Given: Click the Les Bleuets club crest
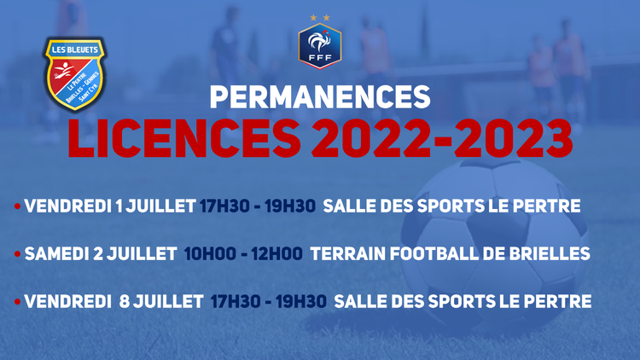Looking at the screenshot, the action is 75,73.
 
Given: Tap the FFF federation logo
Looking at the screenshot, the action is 320,46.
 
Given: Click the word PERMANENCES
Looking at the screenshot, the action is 320,97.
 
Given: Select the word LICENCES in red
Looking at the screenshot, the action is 184,139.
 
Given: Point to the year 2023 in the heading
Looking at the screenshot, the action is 514,139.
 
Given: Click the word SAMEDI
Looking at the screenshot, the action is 56,254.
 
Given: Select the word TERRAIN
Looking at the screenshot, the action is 348,254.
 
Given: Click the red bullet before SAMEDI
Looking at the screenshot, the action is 17,254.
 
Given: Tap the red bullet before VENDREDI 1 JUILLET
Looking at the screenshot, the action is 17,206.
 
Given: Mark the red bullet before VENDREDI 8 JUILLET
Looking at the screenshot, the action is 17,302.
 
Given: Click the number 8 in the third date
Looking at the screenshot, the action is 125,302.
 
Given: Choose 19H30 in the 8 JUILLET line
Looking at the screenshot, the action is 301,302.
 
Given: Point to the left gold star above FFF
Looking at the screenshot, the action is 313,18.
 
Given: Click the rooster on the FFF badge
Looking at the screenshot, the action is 319,41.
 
